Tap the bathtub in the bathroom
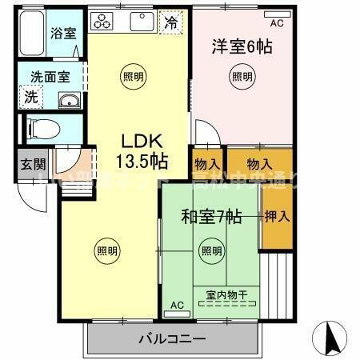(32, 36)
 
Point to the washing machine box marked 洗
(30, 98)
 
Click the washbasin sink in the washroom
(68, 101)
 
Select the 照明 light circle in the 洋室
(242, 77)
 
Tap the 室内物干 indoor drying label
(226, 296)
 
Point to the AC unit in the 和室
(176, 305)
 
